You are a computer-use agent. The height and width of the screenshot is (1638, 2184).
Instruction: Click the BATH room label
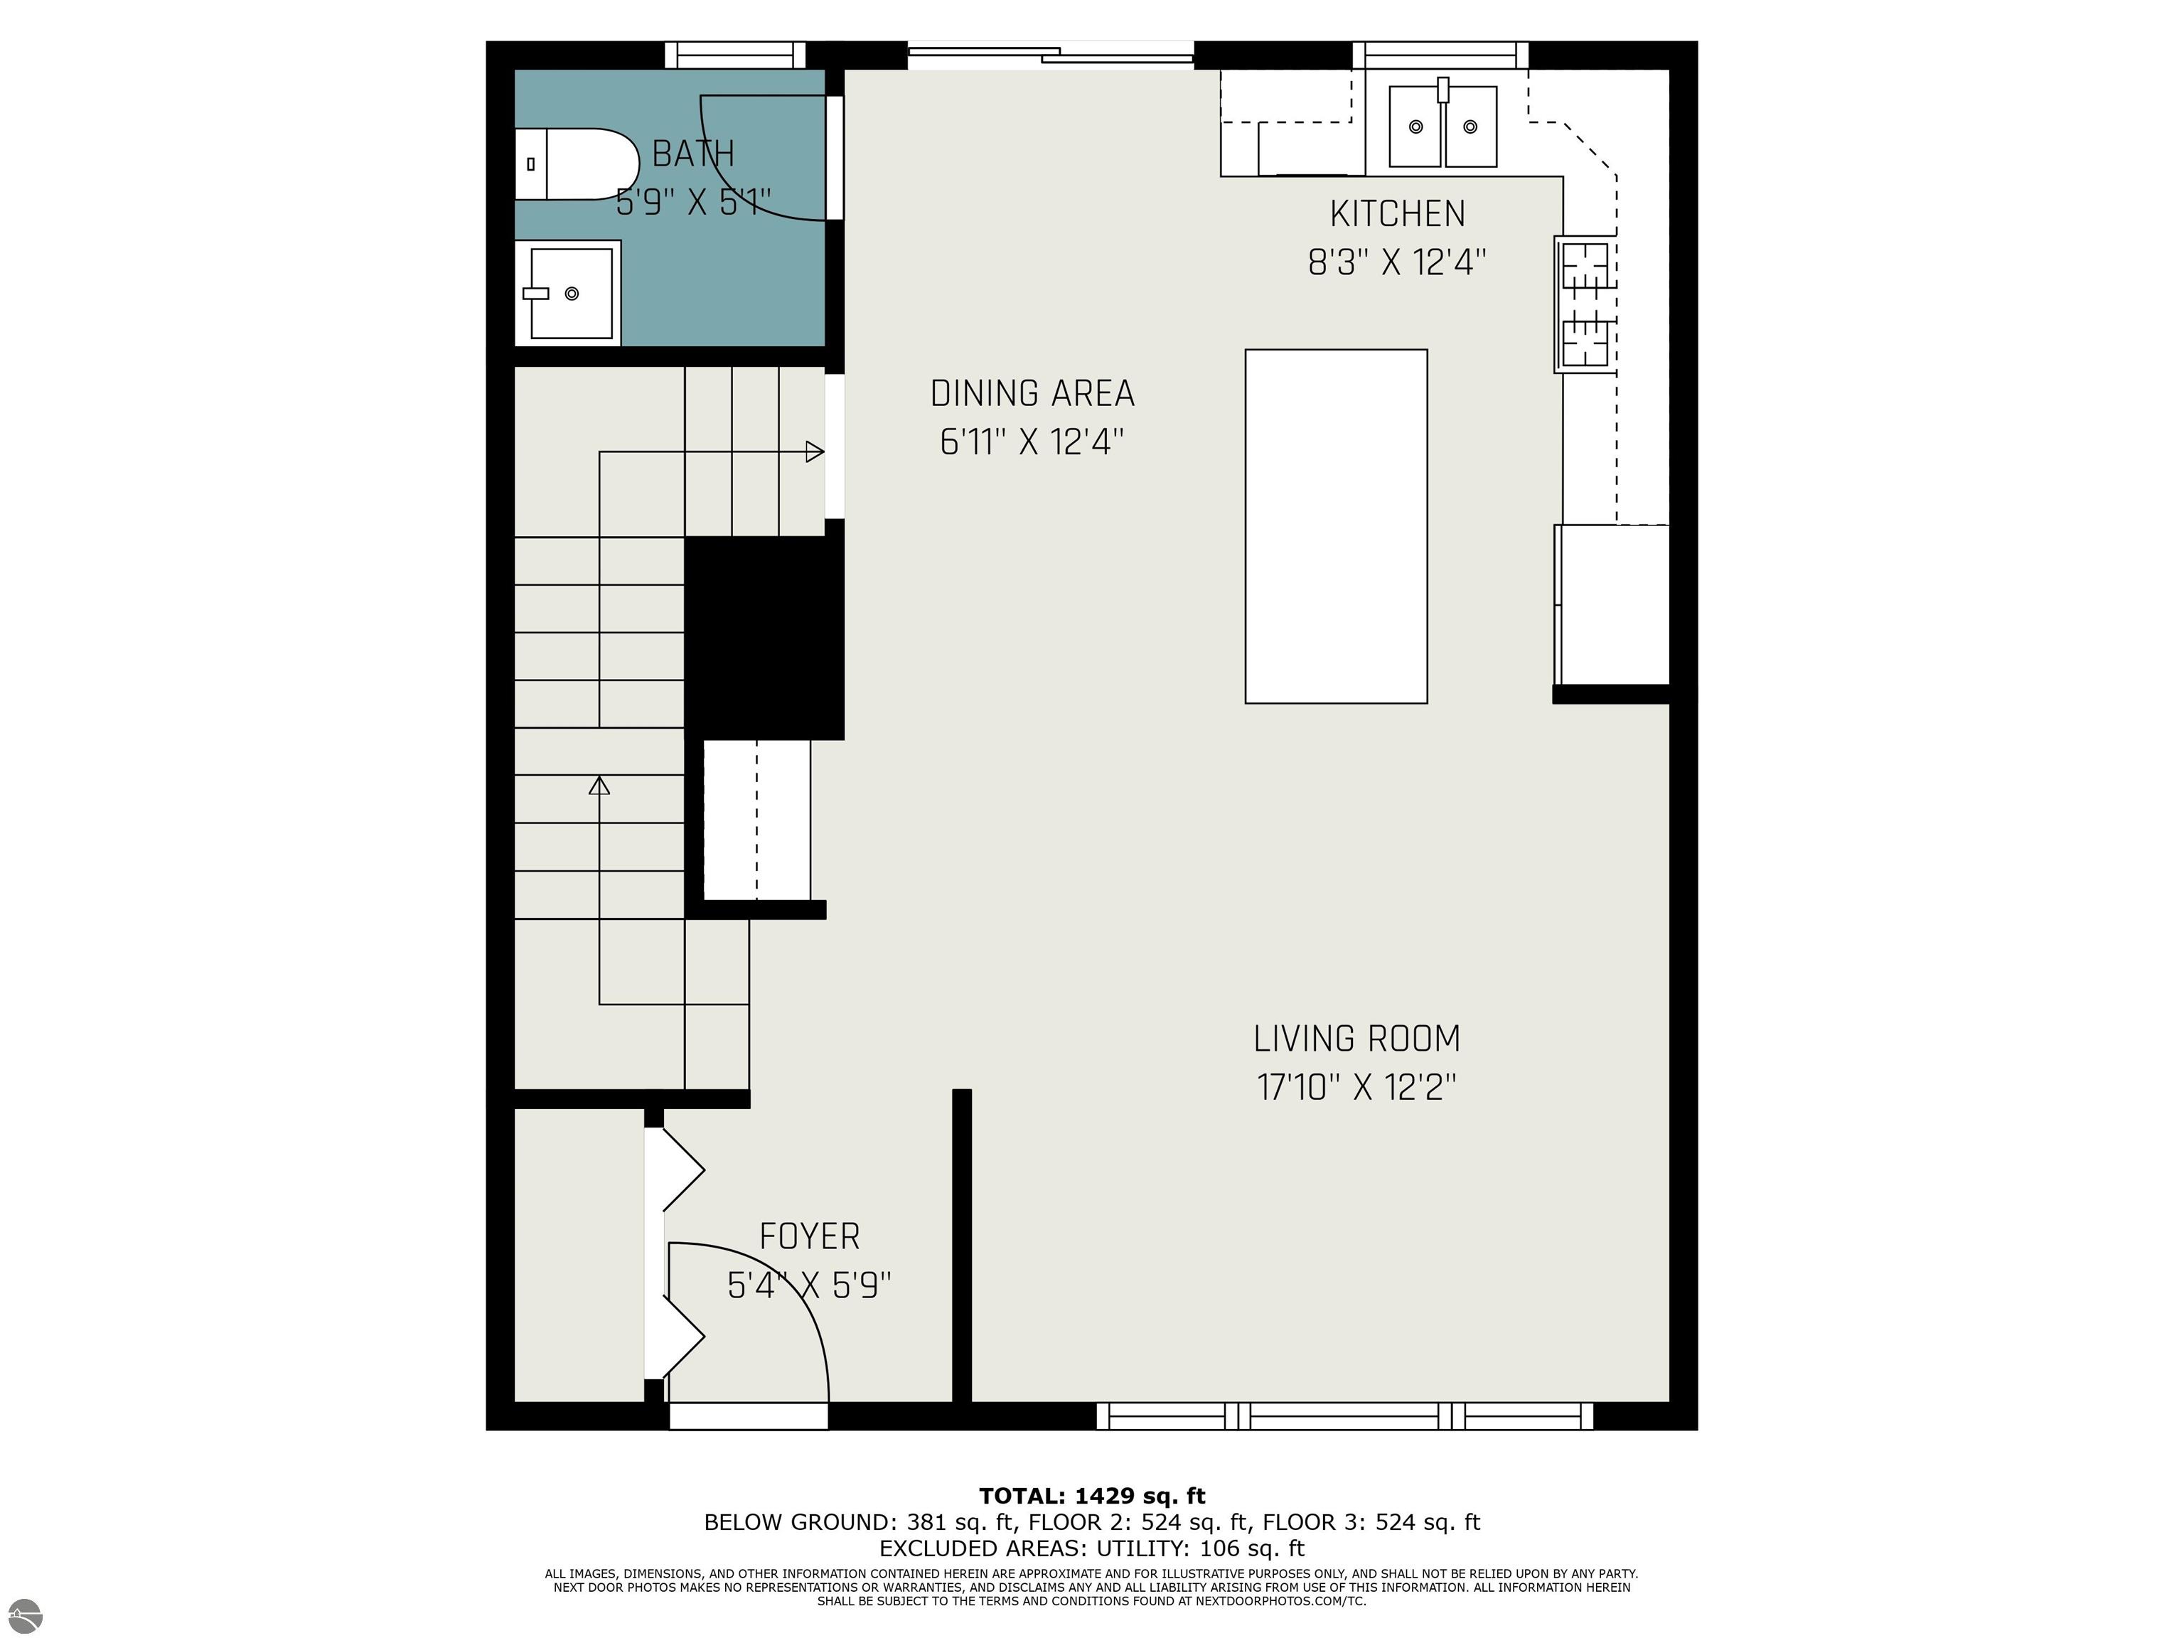(x=693, y=154)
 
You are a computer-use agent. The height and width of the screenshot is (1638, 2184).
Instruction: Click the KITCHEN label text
(x=1396, y=214)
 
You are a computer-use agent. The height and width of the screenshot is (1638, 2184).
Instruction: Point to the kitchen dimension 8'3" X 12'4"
(x=1396, y=262)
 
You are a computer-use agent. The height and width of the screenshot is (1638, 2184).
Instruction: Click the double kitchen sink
(x=1442, y=127)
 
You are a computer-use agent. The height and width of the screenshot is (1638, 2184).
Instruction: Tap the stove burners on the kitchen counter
(x=1585, y=304)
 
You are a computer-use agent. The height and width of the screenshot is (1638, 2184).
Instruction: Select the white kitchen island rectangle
(x=1335, y=526)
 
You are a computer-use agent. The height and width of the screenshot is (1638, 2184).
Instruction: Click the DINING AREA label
(x=1032, y=394)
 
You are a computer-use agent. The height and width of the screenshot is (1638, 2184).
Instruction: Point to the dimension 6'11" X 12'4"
(x=1032, y=442)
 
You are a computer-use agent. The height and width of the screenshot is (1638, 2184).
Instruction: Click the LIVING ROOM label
(x=1356, y=1039)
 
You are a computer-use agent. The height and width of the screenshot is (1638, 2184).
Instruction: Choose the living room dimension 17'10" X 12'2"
(x=1356, y=1088)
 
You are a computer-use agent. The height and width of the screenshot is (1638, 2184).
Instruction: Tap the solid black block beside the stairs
(x=764, y=637)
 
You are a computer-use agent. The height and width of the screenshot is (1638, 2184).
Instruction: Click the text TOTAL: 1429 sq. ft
(x=1091, y=1496)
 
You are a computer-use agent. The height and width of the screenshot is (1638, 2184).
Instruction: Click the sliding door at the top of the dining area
(x=1051, y=55)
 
